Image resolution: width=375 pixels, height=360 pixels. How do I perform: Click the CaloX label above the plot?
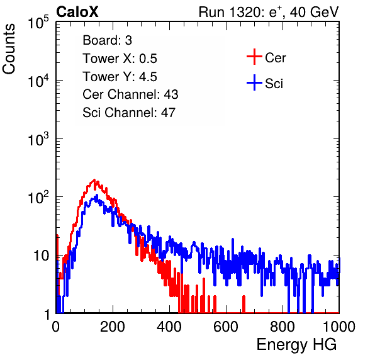pos(77,12)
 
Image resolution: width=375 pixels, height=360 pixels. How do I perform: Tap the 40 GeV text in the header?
pos(315,12)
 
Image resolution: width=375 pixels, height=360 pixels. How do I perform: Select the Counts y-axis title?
pos(9,49)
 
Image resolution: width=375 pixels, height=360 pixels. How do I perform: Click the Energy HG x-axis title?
pos(296,345)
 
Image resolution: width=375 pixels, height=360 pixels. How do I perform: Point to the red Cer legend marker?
pos(254,57)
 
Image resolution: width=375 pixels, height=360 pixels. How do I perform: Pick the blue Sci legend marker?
pos(254,82)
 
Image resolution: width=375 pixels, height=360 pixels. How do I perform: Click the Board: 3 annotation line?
pos(107,40)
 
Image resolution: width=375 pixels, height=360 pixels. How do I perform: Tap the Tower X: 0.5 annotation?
pos(120,59)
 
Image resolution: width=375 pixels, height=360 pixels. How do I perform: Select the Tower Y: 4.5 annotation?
pos(120,77)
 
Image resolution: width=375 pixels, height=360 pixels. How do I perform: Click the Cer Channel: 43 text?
pos(130,94)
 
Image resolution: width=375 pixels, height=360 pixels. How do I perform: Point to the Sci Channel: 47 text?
pos(129,113)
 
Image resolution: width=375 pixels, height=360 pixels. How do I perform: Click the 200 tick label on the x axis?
pos(113,327)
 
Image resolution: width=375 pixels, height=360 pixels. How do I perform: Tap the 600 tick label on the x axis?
pos(226,327)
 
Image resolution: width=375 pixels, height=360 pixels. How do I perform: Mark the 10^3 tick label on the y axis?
pos(38,139)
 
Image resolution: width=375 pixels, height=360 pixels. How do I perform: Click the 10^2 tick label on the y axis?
pos(38,198)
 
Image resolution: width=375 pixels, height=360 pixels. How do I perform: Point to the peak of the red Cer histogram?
pos(94,179)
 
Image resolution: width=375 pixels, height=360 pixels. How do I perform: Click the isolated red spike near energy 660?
pos(243,304)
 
